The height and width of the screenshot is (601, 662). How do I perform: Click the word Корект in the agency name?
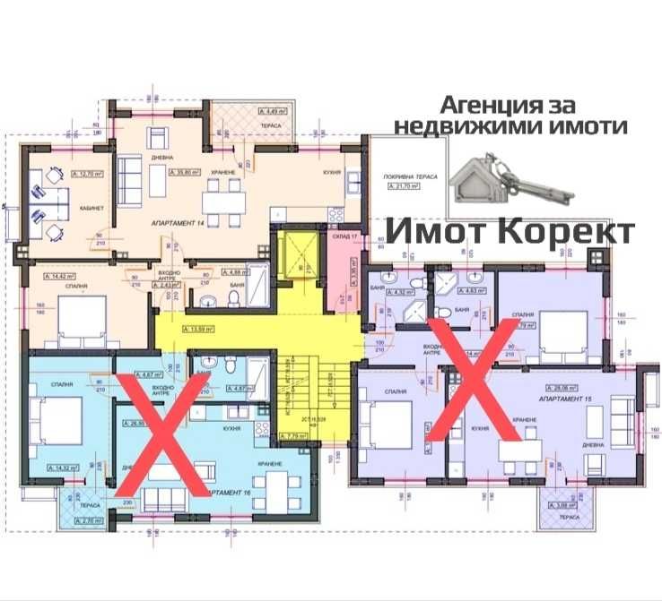[567, 231]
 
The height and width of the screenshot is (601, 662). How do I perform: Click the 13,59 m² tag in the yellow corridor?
[202, 331]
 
